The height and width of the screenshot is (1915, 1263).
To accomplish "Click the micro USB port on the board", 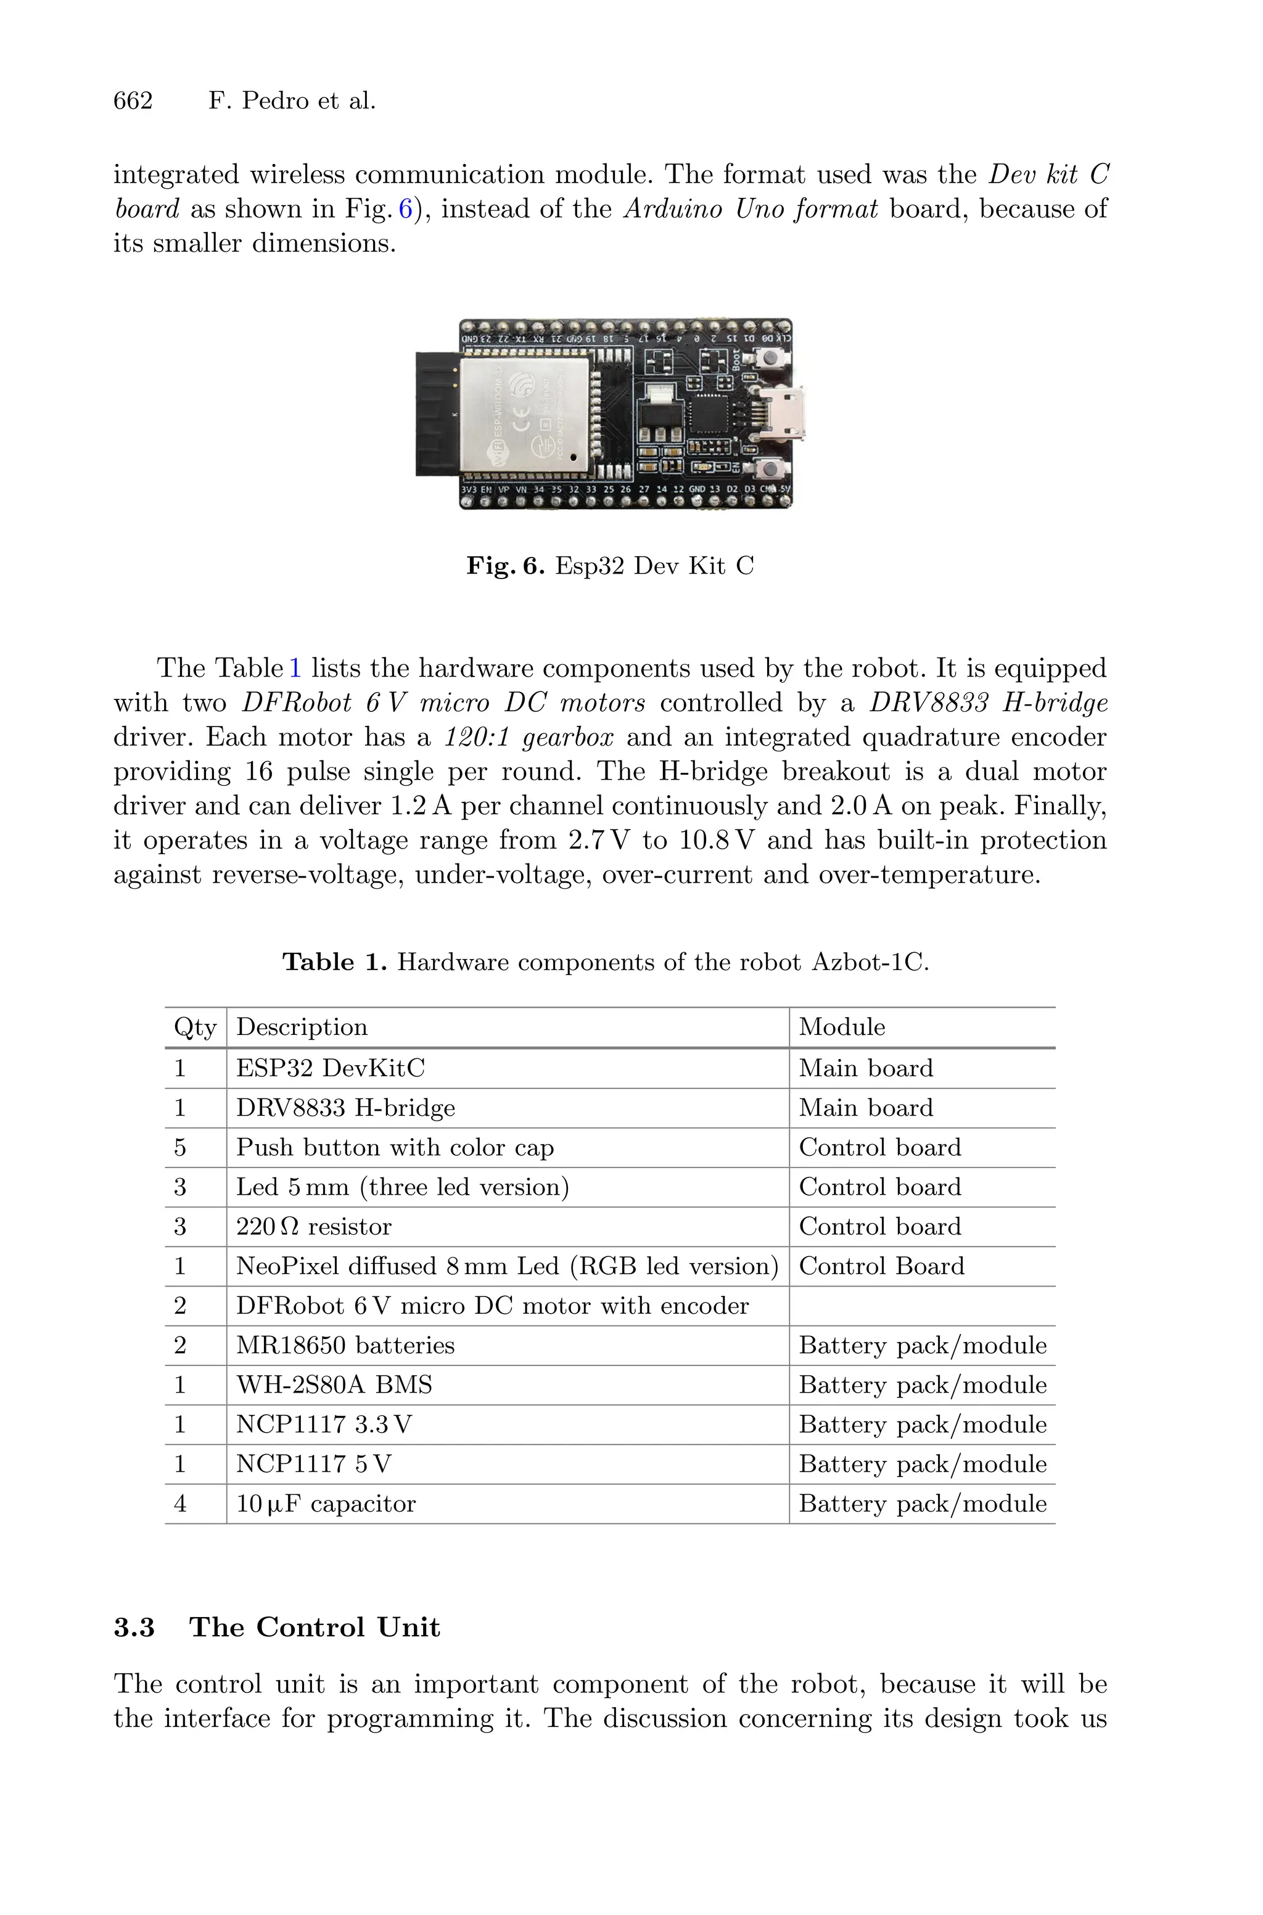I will (x=780, y=413).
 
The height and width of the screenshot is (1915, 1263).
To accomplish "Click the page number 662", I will (x=133, y=101).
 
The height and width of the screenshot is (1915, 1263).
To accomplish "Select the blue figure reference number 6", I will (x=405, y=209).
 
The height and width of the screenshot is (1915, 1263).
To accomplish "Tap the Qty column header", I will (x=195, y=1028).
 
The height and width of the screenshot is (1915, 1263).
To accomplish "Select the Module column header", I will (x=842, y=1028).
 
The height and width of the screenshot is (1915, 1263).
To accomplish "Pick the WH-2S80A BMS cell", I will (x=334, y=1385).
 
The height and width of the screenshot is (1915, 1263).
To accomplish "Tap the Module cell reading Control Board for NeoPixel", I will (x=881, y=1267).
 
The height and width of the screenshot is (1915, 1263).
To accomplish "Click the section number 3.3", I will (x=134, y=1628).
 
